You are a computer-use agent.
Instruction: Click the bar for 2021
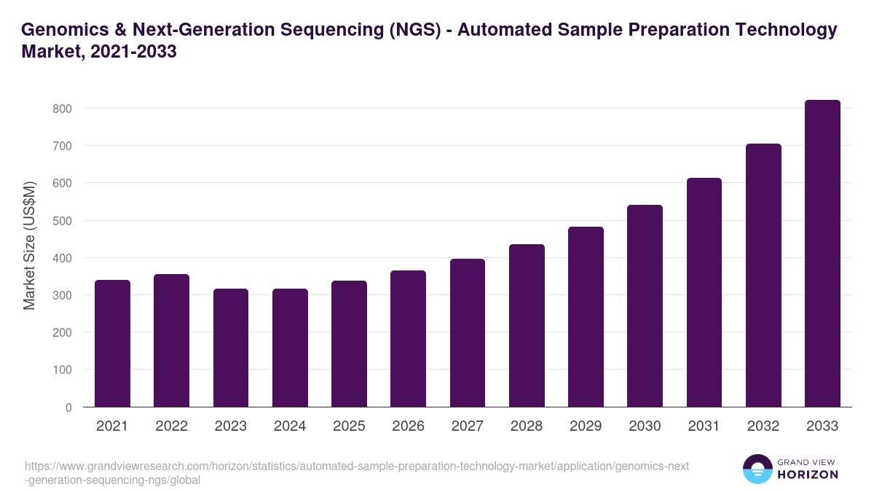pyautogui.click(x=112, y=343)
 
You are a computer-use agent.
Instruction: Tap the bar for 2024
pyautogui.click(x=290, y=348)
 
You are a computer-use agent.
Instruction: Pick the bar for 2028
pyautogui.click(x=527, y=326)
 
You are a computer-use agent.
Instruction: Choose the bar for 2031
pyautogui.click(x=704, y=292)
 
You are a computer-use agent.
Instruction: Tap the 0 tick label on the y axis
pyautogui.click(x=68, y=407)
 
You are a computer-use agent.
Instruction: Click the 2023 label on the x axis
pyautogui.click(x=230, y=426)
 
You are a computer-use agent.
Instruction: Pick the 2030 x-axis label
pyautogui.click(x=645, y=426)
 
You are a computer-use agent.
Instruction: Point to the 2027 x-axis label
pyautogui.click(x=467, y=426)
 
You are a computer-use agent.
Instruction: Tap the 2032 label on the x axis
pyautogui.click(x=763, y=426)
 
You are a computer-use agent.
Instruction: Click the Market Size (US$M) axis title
pyautogui.click(x=29, y=246)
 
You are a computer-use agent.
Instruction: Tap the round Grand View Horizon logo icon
pyautogui.click(x=757, y=469)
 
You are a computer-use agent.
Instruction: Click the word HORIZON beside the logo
pyautogui.click(x=807, y=475)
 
